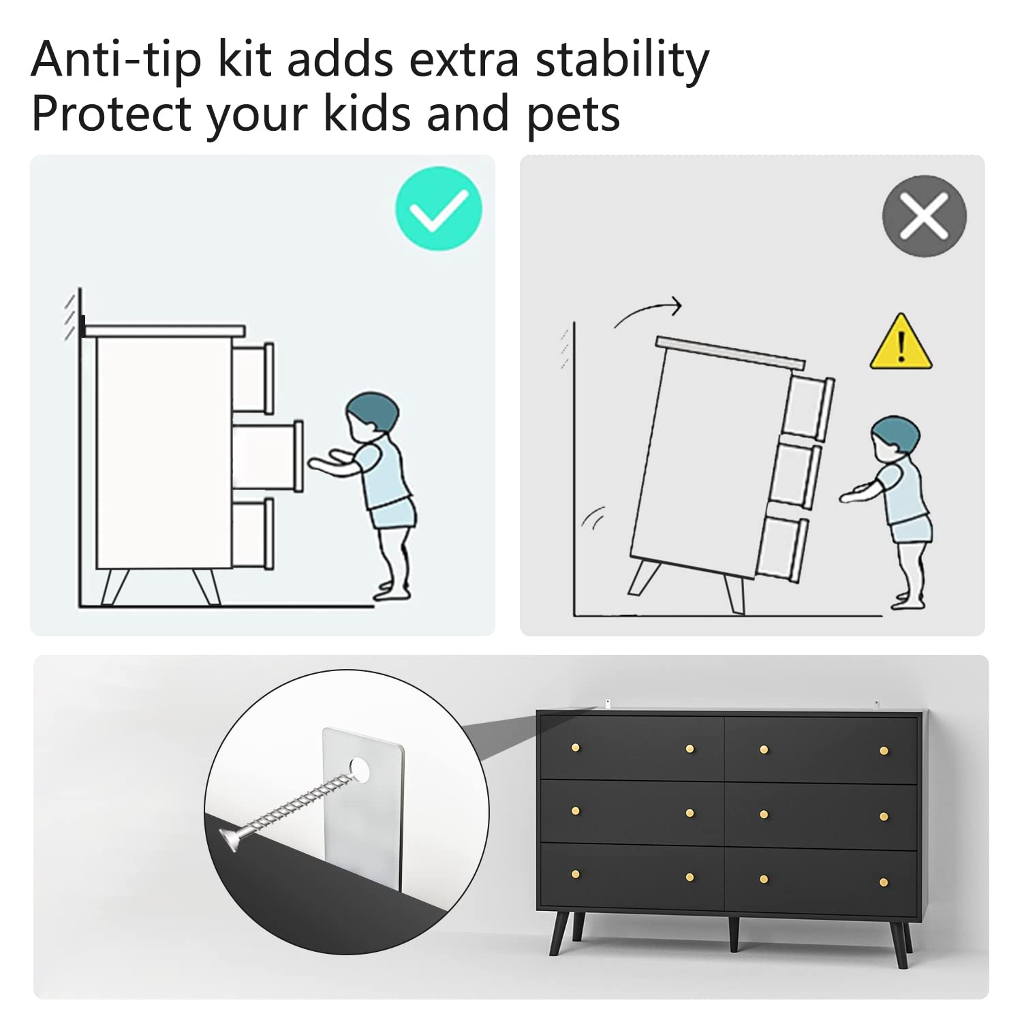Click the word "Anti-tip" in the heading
pyautogui.click(x=117, y=60)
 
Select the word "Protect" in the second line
pyautogui.click(x=112, y=113)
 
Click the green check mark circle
pyautogui.click(x=438, y=208)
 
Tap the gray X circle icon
pyautogui.click(x=924, y=215)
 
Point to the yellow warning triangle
pyautogui.click(x=901, y=343)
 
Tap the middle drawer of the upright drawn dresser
pyautogui.click(x=268, y=456)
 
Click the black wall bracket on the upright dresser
pyautogui.click(x=82, y=326)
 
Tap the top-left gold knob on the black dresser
pyautogui.click(x=576, y=747)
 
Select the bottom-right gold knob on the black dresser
pyautogui.click(x=884, y=882)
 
